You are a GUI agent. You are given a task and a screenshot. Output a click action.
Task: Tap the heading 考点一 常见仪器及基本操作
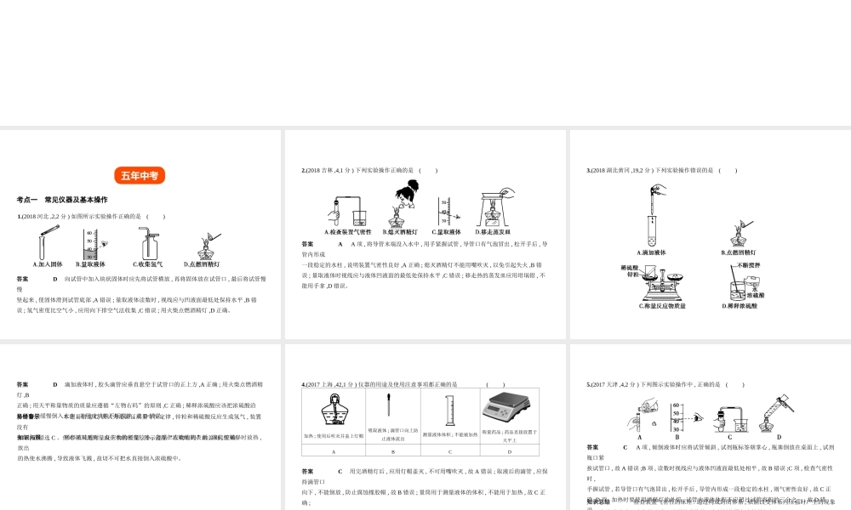(62, 200)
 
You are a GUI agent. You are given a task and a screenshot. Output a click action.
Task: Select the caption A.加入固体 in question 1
(48, 264)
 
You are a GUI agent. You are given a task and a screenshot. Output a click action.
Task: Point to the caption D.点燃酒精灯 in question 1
(202, 264)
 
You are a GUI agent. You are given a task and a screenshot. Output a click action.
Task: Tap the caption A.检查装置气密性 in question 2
(348, 231)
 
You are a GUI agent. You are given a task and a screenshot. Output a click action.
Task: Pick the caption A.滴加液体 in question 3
(652, 252)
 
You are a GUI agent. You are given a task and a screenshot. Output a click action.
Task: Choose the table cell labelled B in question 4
(391, 451)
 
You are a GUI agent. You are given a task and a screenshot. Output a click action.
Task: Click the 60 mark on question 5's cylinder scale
(675, 406)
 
